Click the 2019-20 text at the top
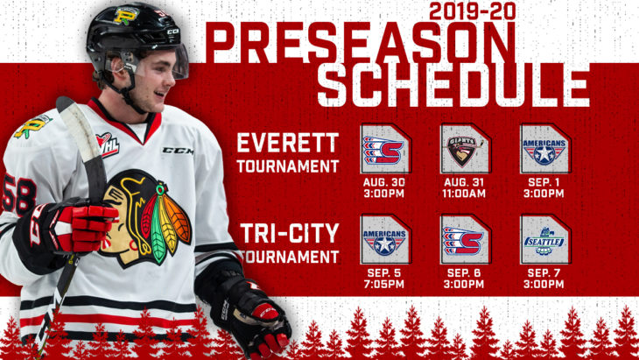pyautogui.click(x=472, y=11)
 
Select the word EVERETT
pyautogui.click(x=288, y=143)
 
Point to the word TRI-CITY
pyautogui.click(x=290, y=234)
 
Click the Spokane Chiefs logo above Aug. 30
pyautogui.click(x=383, y=150)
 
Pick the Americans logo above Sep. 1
pyautogui.click(x=544, y=152)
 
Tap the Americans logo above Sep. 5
pyautogui.click(x=384, y=242)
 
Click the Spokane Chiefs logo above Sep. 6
pyautogui.click(x=463, y=241)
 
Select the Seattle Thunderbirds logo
pyautogui.click(x=544, y=242)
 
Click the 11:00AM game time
pyautogui.click(x=464, y=194)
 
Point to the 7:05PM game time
pyautogui.click(x=384, y=284)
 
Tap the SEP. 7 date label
pyautogui.click(x=544, y=272)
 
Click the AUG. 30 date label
pyautogui.click(x=384, y=182)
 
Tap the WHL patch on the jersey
pyautogui.click(x=107, y=145)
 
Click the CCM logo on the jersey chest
pyautogui.click(x=178, y=151)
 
